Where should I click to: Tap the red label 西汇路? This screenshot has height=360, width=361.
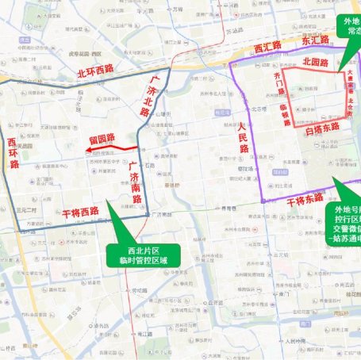coord(270,48)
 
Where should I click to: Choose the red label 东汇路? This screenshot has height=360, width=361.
coord(315,40)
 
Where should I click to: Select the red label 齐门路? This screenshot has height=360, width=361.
coord(278,82)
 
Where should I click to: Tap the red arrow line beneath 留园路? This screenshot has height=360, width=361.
coord(115,149)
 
